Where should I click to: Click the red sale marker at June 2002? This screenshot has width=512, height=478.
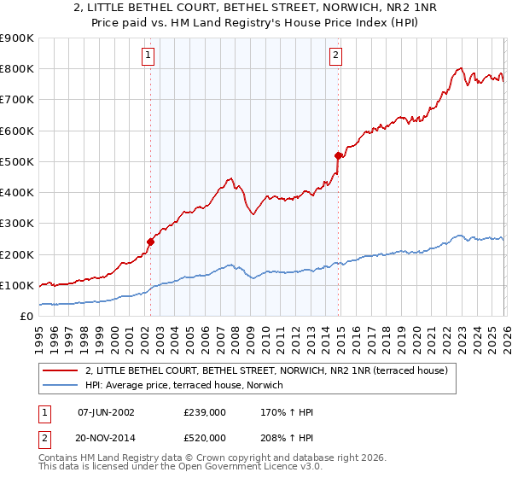(x=150, y=242)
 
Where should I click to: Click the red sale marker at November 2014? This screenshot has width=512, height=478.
(x=339, y=155)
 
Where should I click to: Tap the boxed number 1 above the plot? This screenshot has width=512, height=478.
(x=148, y=55)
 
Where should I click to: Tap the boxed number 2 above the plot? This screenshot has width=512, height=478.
(x=336, y=55)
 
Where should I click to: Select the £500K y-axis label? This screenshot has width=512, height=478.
(x=17, y=161)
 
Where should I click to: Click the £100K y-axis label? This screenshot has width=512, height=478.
(x=17, y=285)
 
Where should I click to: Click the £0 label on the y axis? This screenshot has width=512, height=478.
(x=26, y=316)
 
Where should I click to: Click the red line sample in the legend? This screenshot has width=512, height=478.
(x=61, y=370)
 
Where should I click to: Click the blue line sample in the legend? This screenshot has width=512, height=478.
(x=61, y=386)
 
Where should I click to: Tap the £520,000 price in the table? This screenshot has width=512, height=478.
(x=204, y=437)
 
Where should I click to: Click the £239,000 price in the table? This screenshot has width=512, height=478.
(x=204, y=411)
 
